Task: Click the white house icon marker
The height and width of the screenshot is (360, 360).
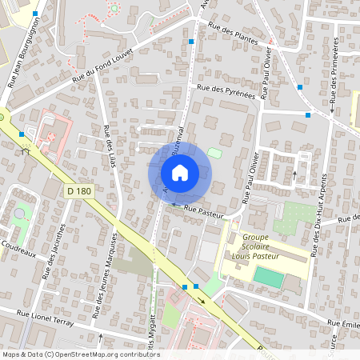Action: click(180, 172)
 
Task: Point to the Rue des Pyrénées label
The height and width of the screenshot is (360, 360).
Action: click(225, 92)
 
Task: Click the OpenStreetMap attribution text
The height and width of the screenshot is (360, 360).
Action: click(80, 354)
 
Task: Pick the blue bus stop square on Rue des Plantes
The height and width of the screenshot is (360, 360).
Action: click(191, 42)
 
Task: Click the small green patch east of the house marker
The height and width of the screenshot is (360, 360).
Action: click(214, 153)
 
